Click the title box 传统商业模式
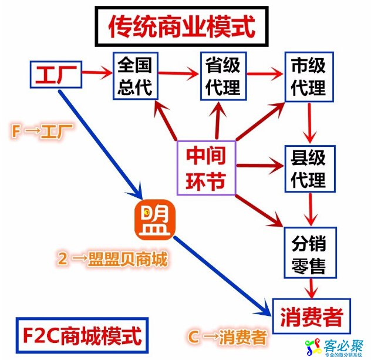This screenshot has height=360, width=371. pos(181,26)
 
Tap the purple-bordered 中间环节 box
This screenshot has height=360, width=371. pos(206,167)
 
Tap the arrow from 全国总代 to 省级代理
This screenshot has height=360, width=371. pos(178,75)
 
